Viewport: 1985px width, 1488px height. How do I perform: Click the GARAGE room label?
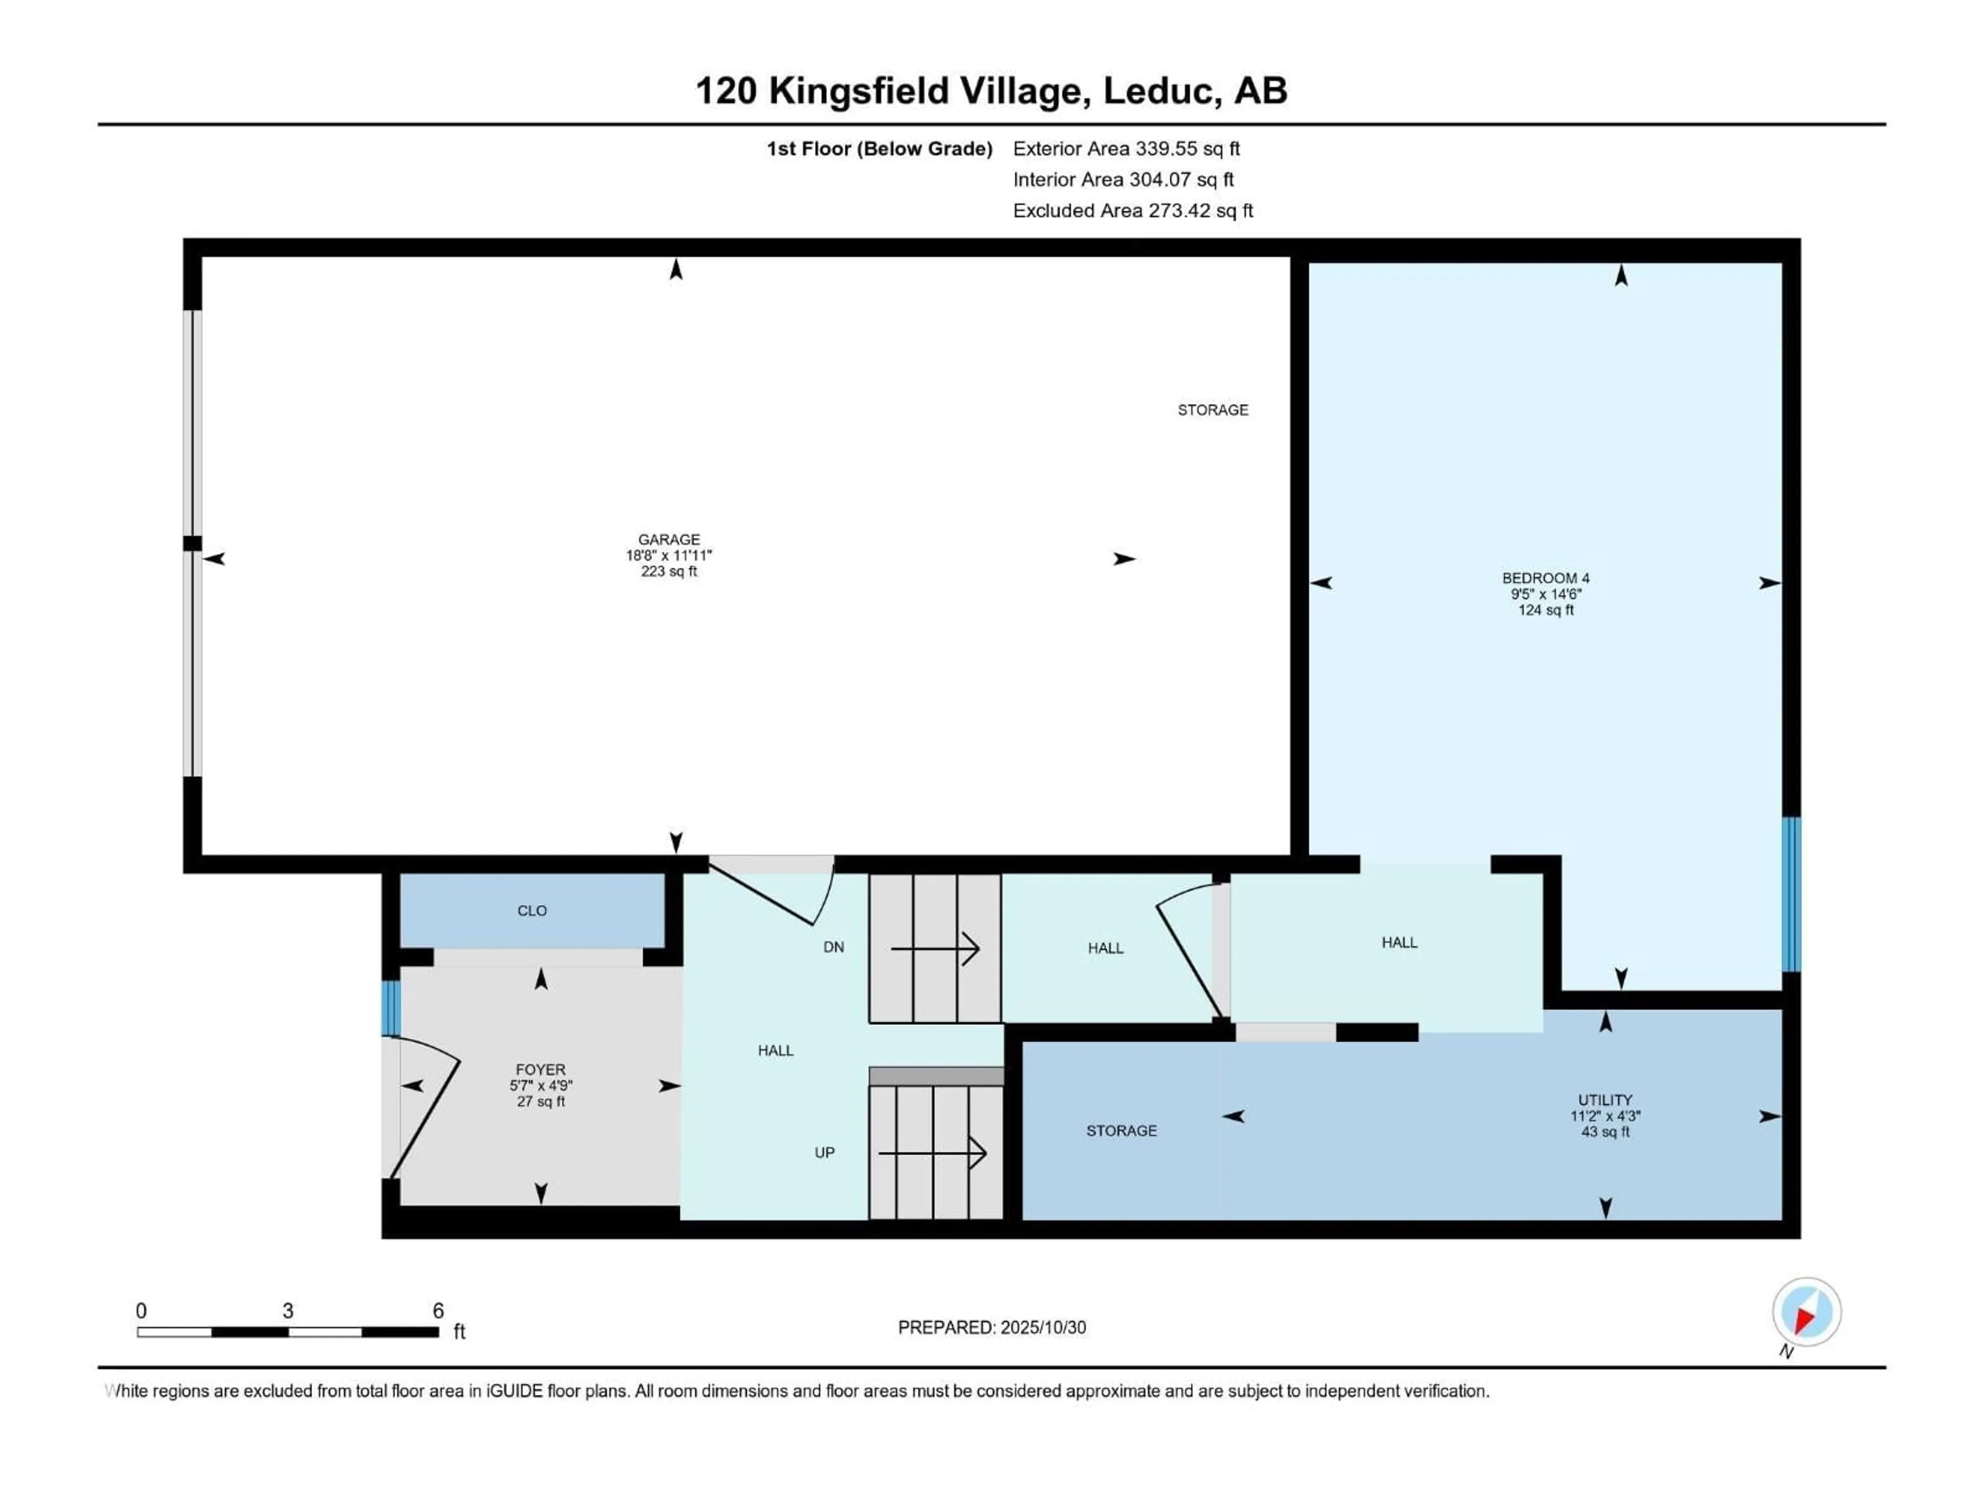pos(668,539)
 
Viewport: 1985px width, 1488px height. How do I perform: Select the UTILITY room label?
pos(1605,1099)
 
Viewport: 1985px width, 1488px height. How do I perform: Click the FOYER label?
pos(540,1069)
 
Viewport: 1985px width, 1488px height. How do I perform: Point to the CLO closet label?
pos(531,910)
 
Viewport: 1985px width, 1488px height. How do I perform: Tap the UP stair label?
pos(824,1153)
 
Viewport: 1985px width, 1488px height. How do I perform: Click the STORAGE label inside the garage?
pos(1212,410)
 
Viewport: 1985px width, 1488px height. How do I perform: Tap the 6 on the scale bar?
pos(438,1310)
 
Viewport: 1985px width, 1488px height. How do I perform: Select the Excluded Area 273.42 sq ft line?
pos(1133,211)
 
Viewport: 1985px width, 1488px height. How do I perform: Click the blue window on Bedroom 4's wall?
pos(1790,894)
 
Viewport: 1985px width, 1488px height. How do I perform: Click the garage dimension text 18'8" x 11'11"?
pos(668,555)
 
